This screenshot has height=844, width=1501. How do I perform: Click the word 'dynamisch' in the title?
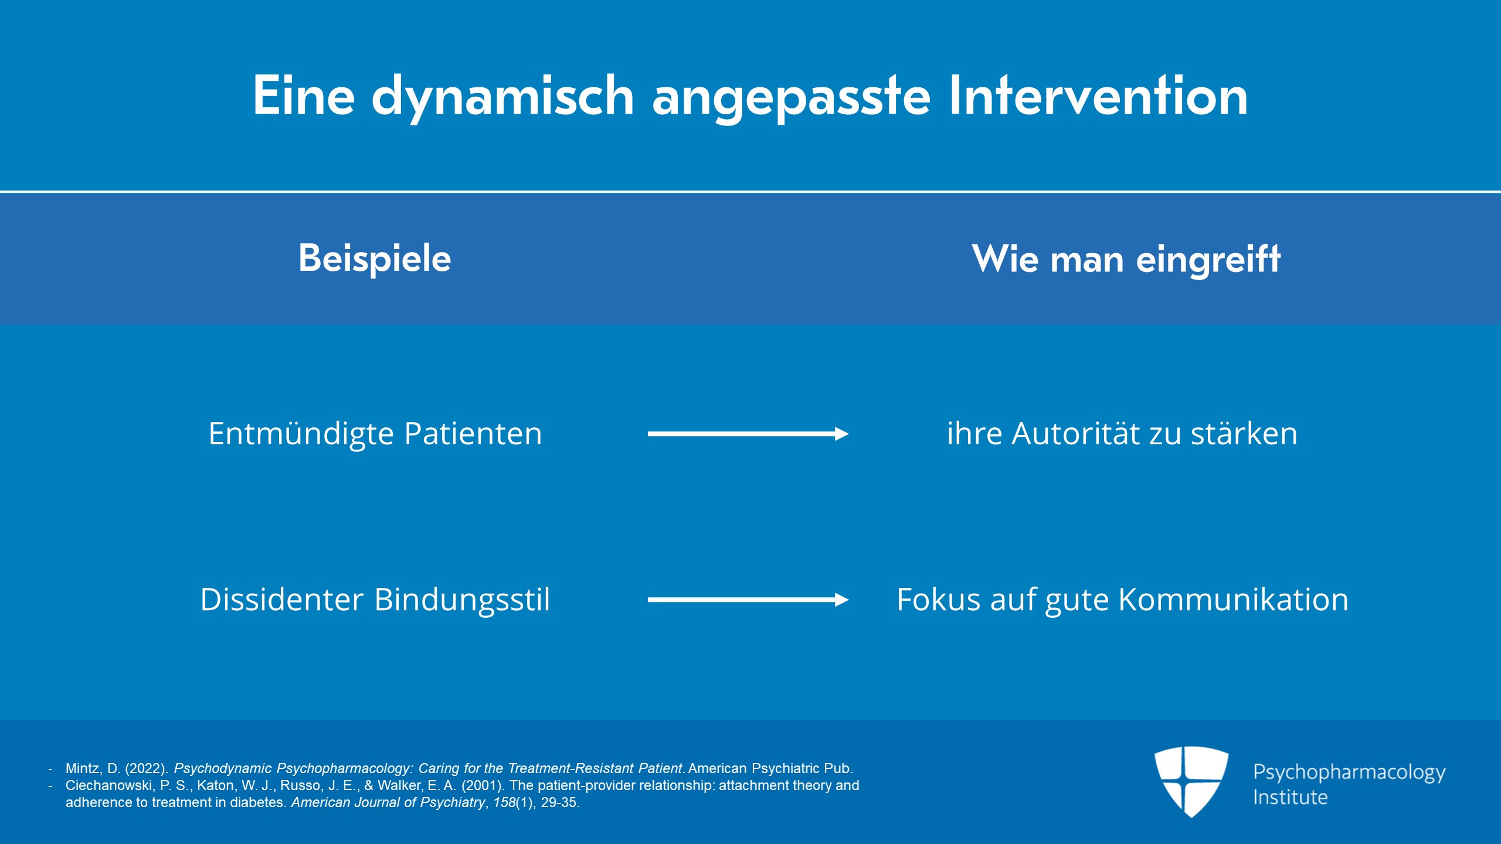(x=502, y=97)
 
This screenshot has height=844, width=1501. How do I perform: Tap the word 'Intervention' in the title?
(x=1098, y=95)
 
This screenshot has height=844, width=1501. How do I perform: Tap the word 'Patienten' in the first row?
(x=473, y=434)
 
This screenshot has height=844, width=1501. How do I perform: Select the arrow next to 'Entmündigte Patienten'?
(x=748, y=434)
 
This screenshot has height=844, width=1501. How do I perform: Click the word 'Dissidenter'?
(x=282, y=600)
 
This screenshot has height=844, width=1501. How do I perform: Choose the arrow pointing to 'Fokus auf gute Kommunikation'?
(x=748, y=600)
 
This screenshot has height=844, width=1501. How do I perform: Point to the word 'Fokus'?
(x=939, y=600)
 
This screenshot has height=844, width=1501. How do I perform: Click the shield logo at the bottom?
(x=1191, y=781)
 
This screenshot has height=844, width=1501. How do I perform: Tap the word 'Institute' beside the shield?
(x=1290, y=798)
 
